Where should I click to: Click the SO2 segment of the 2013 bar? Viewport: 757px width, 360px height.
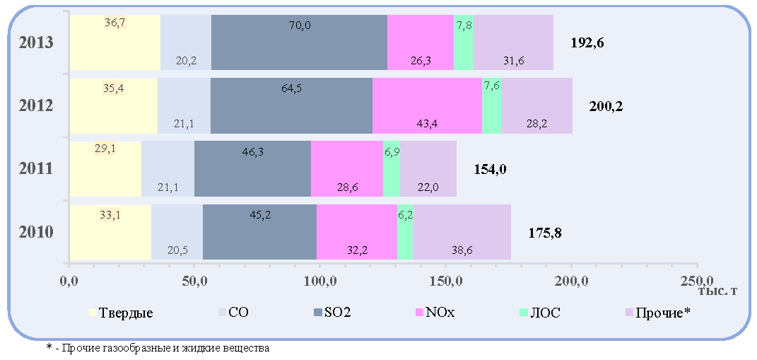pyautogui.click(x=299, y=42)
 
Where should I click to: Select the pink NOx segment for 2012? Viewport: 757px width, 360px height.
pyautogui.click(x=427, y=105)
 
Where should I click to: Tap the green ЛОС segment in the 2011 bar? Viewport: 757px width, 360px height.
pyautogui.click(x=392, y=168)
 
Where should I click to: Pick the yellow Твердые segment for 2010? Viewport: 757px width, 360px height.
pyautogui.click(x=110, y=232)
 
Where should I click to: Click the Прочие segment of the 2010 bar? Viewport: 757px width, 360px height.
pyautogui.click(x=462, y=232)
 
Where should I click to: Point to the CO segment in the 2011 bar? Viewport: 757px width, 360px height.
pyautogui.click(x=168, y=168)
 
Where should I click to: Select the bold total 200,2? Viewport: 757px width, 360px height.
pyautogui.click(x=606, y=106)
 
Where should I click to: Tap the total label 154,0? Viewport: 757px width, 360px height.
pyautogui.click(x=490, y=170)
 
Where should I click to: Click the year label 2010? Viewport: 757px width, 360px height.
pyautogui.click(x=36, y=233)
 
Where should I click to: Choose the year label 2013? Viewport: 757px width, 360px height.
pyautogui.click(x=36, y=42)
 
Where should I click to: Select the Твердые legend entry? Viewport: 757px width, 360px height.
pyautogui.click(x=122, y=313)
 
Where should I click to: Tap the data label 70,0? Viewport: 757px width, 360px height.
pyautogui.click(x=299, y=25)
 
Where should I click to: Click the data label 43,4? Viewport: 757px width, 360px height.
pyautogui.click(x=427, y=124)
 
